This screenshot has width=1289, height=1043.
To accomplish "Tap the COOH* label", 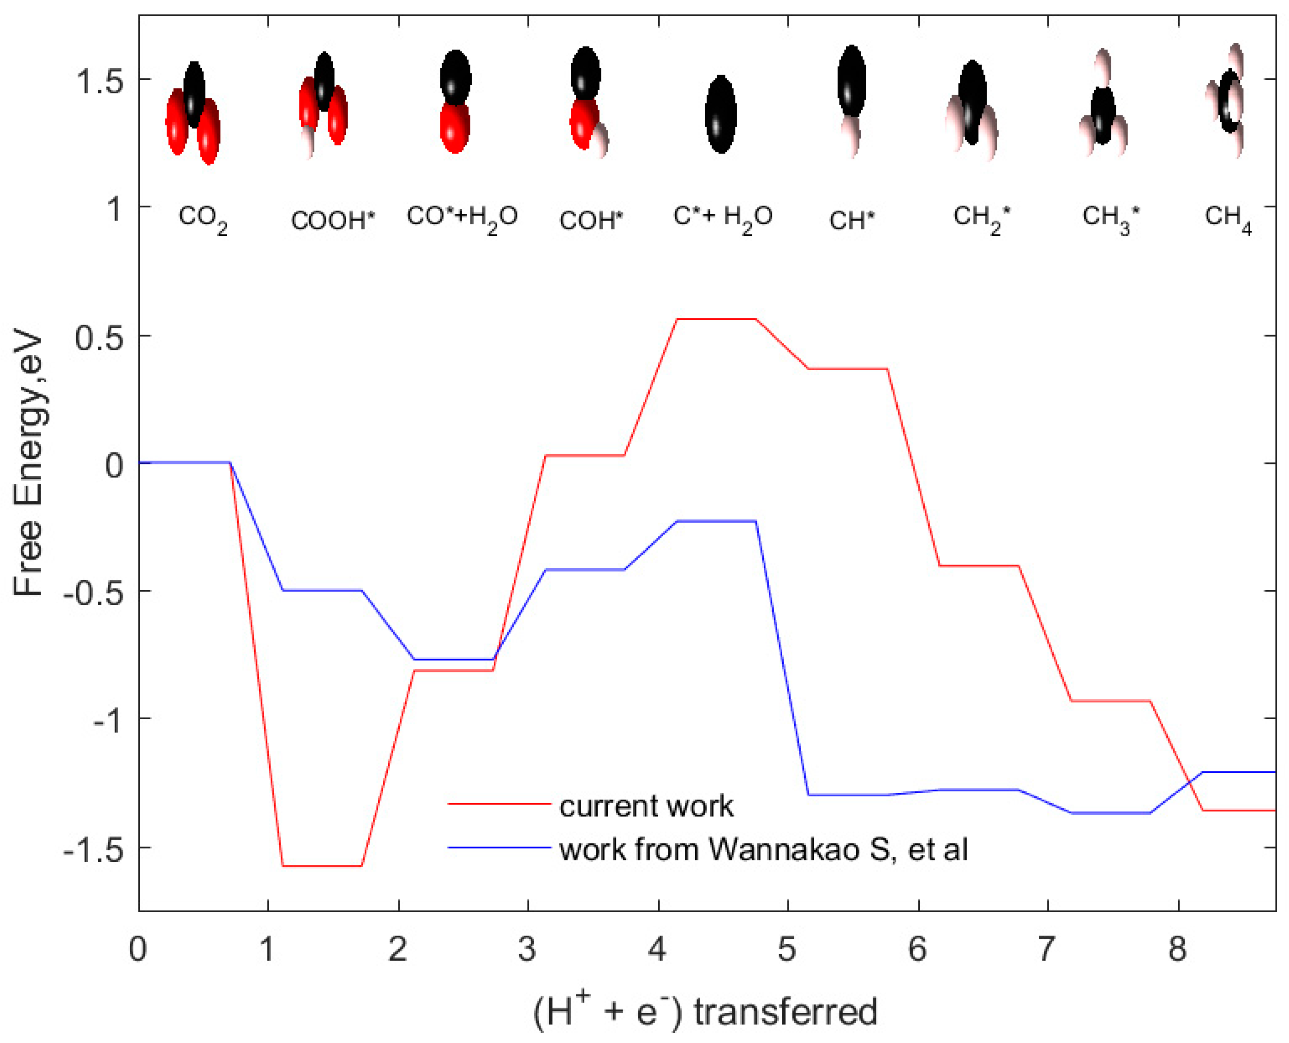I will point(332,221).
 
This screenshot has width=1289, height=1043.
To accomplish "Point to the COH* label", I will point(591,221).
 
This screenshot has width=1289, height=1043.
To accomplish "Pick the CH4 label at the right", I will point(1228,219).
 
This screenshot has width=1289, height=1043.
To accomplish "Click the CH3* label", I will point(1110,218).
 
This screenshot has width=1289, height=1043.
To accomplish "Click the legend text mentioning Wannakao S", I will point(763,849).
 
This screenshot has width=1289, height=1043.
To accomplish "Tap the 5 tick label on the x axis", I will point(787,950).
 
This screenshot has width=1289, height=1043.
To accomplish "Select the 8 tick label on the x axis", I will point(1177,950).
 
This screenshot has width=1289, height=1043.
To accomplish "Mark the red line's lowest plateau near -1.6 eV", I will point(322,866).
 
